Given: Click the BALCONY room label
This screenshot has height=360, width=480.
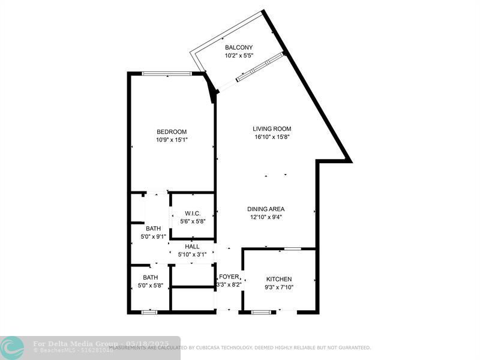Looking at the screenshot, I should click(x=238, y=47).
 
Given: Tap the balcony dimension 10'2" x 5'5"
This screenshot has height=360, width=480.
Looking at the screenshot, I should click(x=238, y=56).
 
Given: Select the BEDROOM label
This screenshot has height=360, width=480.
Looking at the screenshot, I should click(x=172, y=132).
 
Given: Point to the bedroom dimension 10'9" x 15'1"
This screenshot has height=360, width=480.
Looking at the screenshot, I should click(x=172, y=140).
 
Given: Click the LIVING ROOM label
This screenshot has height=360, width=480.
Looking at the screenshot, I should click(x=272, y=128).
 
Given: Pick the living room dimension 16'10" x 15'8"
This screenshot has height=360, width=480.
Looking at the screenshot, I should click(x=272, y=137).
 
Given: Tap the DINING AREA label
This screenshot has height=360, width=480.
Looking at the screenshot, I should click(x=266, y=209).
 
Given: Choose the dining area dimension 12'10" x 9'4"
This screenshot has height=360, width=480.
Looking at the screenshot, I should click(x=266, y=218).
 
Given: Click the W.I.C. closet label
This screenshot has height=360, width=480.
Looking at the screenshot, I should click(x=193, y=214).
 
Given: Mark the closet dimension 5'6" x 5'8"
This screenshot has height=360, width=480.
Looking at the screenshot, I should click(x=193, y=221).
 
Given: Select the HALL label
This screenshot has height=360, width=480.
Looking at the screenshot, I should click(x=193, y=247).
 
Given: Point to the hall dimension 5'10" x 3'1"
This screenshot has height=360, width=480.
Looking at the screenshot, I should click(x=193, y=254).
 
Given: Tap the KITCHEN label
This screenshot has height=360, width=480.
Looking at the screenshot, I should click(x=279, y=279).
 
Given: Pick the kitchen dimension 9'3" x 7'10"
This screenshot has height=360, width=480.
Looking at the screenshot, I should click(x=279, y=287).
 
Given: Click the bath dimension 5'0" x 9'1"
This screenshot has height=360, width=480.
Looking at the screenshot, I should click(x=153, y=236).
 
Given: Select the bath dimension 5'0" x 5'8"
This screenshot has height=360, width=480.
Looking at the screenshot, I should click(x=150, y=286).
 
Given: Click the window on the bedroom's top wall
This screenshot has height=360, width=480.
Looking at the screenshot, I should click(x=167, y=74).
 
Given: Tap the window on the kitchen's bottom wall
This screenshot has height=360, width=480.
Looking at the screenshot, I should click(x=261, y=312).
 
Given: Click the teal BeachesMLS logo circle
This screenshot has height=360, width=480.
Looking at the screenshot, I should click(x=12, y=347).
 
